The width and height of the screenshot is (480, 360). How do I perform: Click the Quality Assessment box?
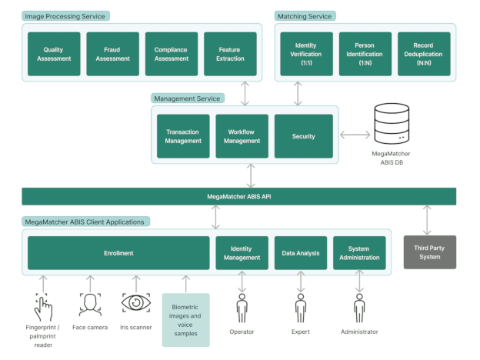pos(54,54)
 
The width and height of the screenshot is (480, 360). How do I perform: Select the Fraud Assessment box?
pos(112,54)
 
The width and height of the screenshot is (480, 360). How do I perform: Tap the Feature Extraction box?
pos(230,54)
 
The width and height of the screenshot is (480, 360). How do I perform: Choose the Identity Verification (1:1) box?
pos(306,54)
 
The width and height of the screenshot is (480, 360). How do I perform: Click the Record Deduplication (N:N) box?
pos(424,54)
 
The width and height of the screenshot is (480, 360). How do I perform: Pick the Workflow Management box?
pos(242,136)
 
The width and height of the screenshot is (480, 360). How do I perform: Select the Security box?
pos(303,136)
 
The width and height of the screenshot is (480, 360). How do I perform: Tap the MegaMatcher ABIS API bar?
pos(238,197)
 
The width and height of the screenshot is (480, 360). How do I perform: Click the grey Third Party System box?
pos(429,252)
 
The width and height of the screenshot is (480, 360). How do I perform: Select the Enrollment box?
pos(118,252)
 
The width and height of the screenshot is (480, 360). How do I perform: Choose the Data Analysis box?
pos(301,252)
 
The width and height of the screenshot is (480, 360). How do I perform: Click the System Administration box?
pos(359,252)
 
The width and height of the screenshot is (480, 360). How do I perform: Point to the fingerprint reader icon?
pos(44,307)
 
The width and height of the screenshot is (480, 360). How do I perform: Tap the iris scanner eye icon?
pos(135,303)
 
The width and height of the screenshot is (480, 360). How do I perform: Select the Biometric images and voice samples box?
pos(185,320)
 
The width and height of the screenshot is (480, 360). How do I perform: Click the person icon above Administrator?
pos(359,307)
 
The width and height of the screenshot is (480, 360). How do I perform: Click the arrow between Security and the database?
pos(355,136)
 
